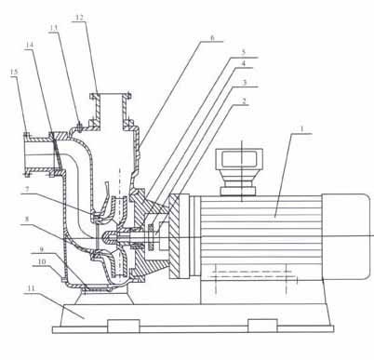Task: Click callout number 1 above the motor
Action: tap(302, 128)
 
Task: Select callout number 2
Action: tap(244, 101)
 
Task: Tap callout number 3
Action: tap(244, 83)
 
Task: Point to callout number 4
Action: tap(244, 63)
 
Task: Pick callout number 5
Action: tap(244, 52)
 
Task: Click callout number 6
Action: tap(212, 38)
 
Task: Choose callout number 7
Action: tap(28, 189)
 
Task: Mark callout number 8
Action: tap(27, 220)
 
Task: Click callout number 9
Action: tap(42, 249)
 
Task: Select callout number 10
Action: tap(42, 261)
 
